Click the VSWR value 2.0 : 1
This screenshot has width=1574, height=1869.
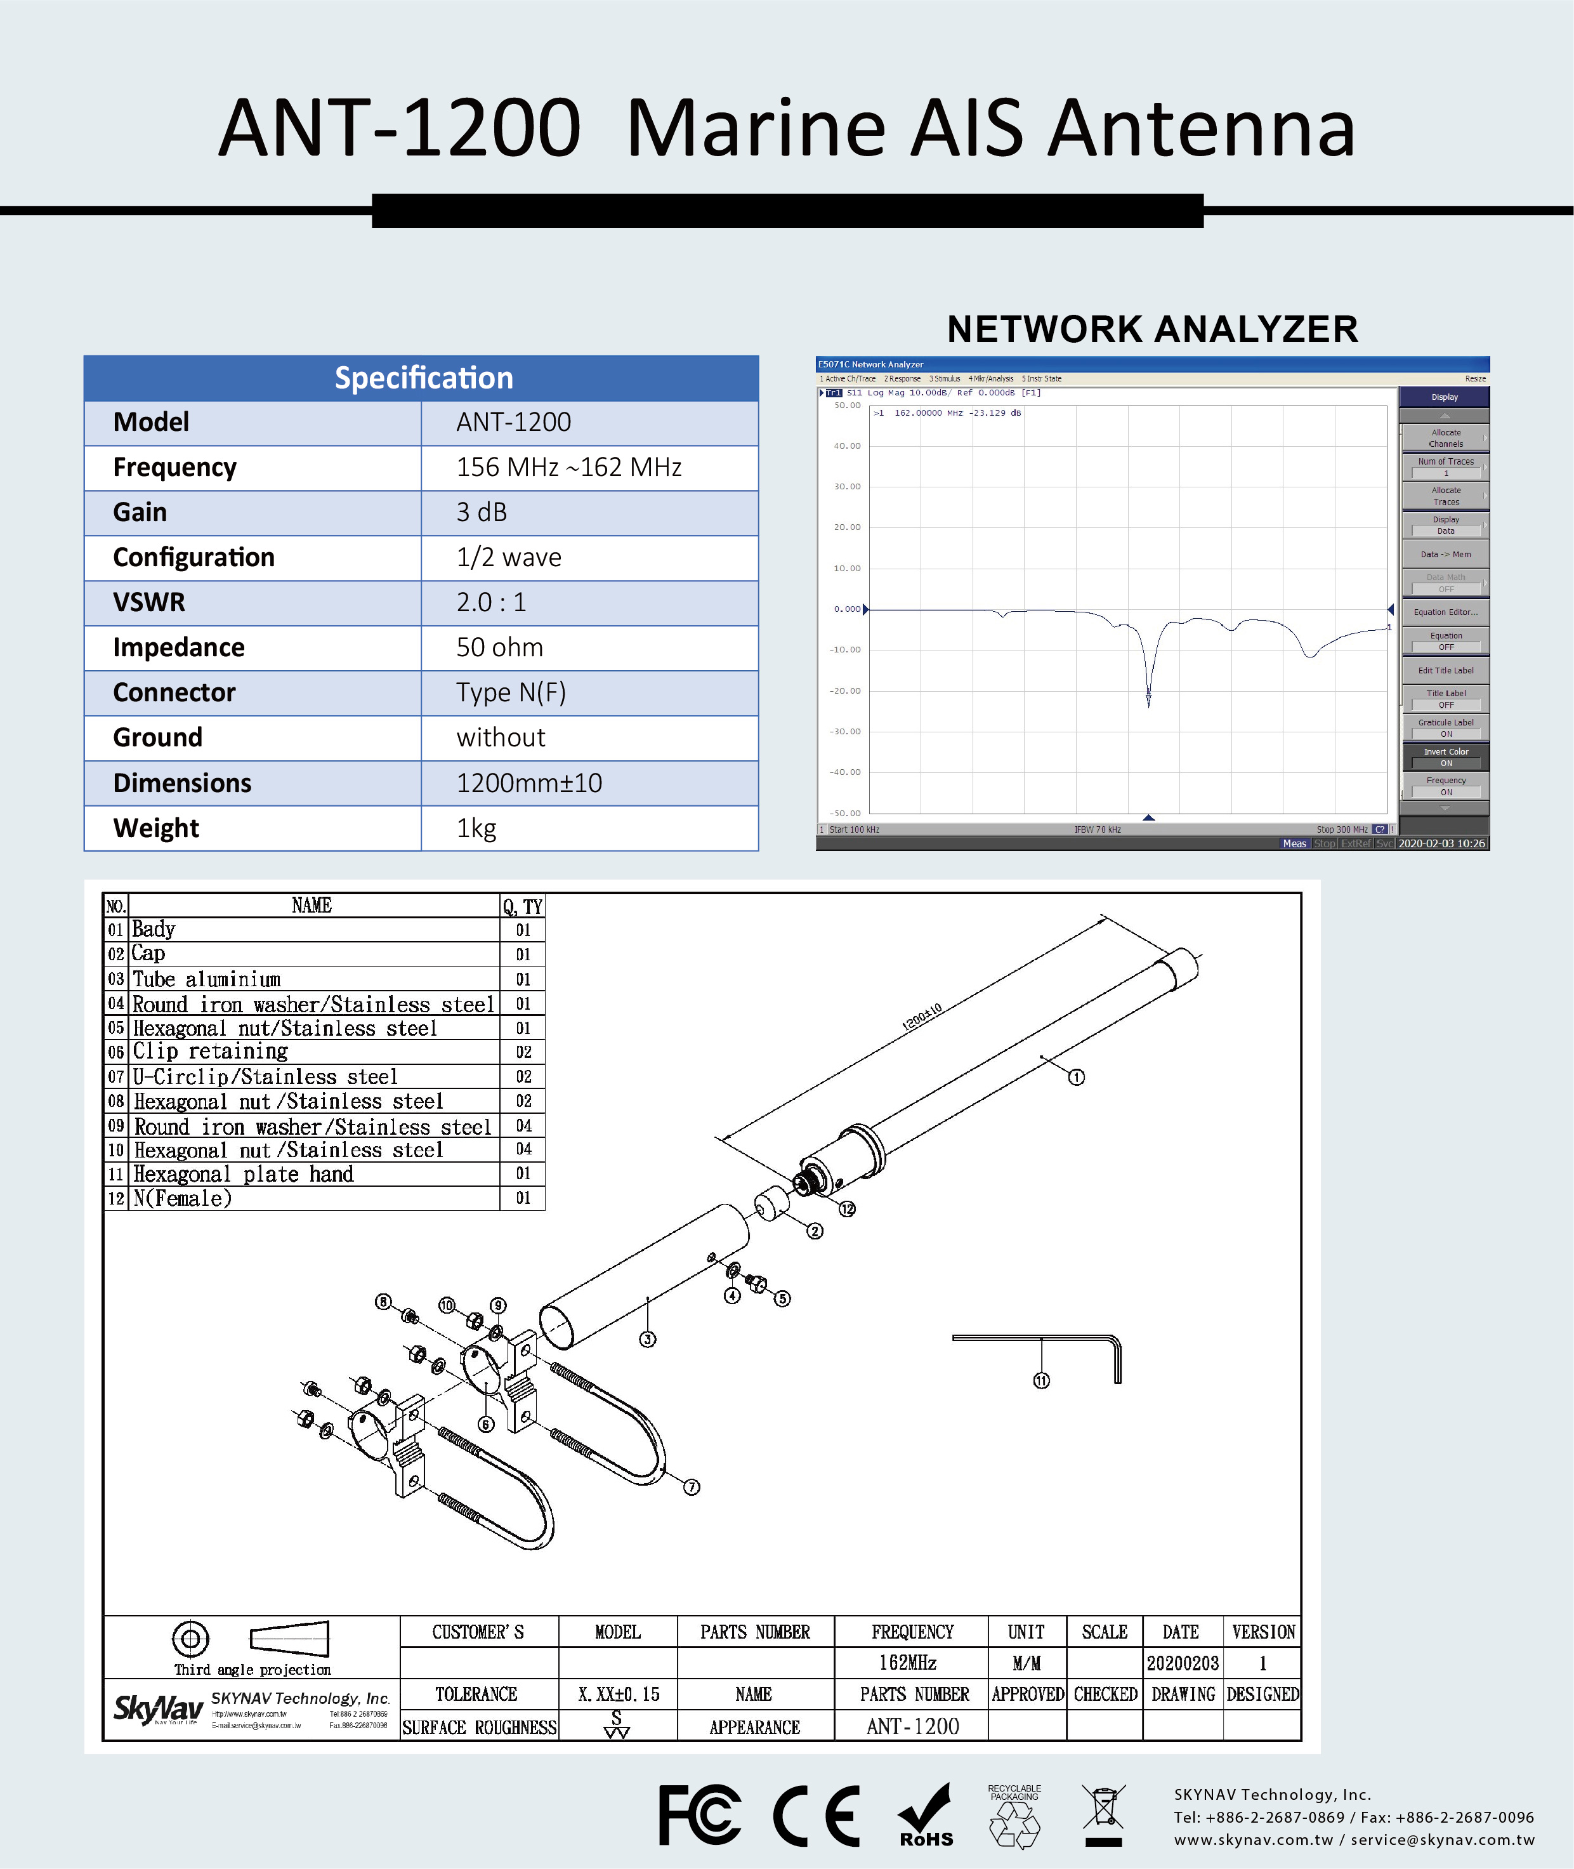pos(492,602)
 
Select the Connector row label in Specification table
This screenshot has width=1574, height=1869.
pos(174,692)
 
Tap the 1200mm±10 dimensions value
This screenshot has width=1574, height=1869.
pos(529,783)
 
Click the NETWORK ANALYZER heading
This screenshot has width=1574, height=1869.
pos(1152,329)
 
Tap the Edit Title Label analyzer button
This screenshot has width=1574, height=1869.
pos(1445,670)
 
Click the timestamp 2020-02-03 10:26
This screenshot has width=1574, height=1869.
pos(1441,843)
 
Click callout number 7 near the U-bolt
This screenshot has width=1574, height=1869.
pos(692,1487)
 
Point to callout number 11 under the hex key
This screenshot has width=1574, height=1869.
pos(1041,1381)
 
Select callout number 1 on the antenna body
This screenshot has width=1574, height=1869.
pos(1077,1078)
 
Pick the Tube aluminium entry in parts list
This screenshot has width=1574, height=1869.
pos(206,979)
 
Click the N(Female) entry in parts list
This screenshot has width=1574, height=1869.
pos(183,1198)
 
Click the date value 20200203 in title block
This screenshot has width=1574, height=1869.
pos(1183,1663)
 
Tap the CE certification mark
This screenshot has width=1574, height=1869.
pos(817,1816)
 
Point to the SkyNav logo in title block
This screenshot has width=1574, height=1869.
pos(158,1709)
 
